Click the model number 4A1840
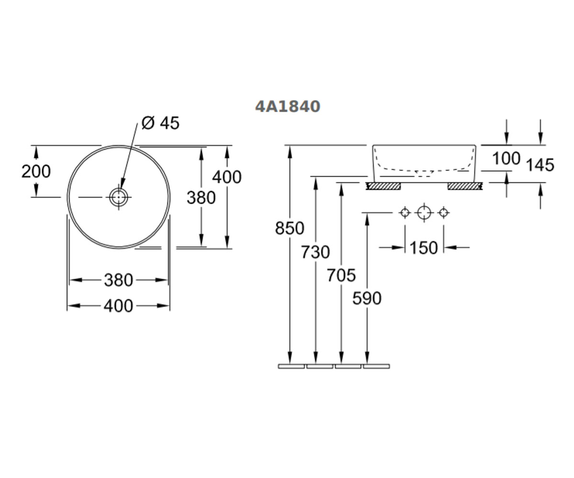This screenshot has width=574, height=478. point(287,106)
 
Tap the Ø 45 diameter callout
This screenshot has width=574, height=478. point(160,123)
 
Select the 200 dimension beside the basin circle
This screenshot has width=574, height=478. point(36,172)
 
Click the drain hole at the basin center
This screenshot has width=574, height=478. point(119,197)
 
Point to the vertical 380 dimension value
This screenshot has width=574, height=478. point(201,197)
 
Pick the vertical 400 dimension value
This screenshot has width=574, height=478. point(227,177)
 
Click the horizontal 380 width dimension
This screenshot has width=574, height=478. point(119,280)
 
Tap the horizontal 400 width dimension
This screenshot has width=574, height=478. point(118,306)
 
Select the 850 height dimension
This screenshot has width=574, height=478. point(289,228)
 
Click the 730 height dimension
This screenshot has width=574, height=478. point(315,252)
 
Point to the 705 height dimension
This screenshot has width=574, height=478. point(341,275)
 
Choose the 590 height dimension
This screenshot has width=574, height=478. point(367,298)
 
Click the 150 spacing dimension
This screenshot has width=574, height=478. point(423,248)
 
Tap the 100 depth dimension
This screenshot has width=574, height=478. point(506,159)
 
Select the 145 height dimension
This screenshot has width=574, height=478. point(540,165)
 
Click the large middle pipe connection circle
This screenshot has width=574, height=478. point(424,213)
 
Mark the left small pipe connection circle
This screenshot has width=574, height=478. point(405,213)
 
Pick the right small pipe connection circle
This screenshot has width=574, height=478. point(443,213)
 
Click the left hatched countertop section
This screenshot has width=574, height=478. point(383,186)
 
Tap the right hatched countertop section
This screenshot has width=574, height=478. point(465,186)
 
